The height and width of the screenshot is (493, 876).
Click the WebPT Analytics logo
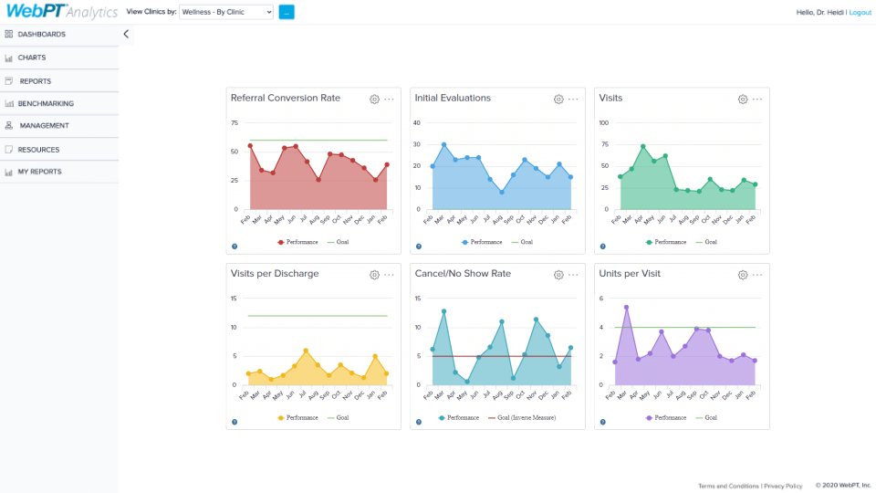tap(59, 12)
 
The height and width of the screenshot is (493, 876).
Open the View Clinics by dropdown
tap(226, 13)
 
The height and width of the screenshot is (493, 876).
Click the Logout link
tap(860, 13)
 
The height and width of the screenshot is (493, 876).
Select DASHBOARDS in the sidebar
tap(41, 34)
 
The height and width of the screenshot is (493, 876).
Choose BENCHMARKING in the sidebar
tap(46, 103)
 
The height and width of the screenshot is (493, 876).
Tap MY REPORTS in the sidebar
tap(40, 172)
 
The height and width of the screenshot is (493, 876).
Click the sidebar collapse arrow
tap(126, 34)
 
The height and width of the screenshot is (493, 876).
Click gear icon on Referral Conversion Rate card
tap(374, 99)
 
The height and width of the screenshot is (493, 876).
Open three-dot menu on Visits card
tap(757, 99)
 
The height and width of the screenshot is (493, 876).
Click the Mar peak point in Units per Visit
tap(626, 308)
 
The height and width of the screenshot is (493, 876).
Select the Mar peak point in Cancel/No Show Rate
tap(443, 311)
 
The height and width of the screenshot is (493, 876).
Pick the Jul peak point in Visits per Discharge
tap(306, 351)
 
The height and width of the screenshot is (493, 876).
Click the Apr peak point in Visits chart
tap(643, 146)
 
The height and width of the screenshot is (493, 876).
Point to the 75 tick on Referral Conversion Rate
tap(235, 122)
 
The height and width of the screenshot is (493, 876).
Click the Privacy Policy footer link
tap(783, 486)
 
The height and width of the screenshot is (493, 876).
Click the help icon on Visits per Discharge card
tap(234, 422)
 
